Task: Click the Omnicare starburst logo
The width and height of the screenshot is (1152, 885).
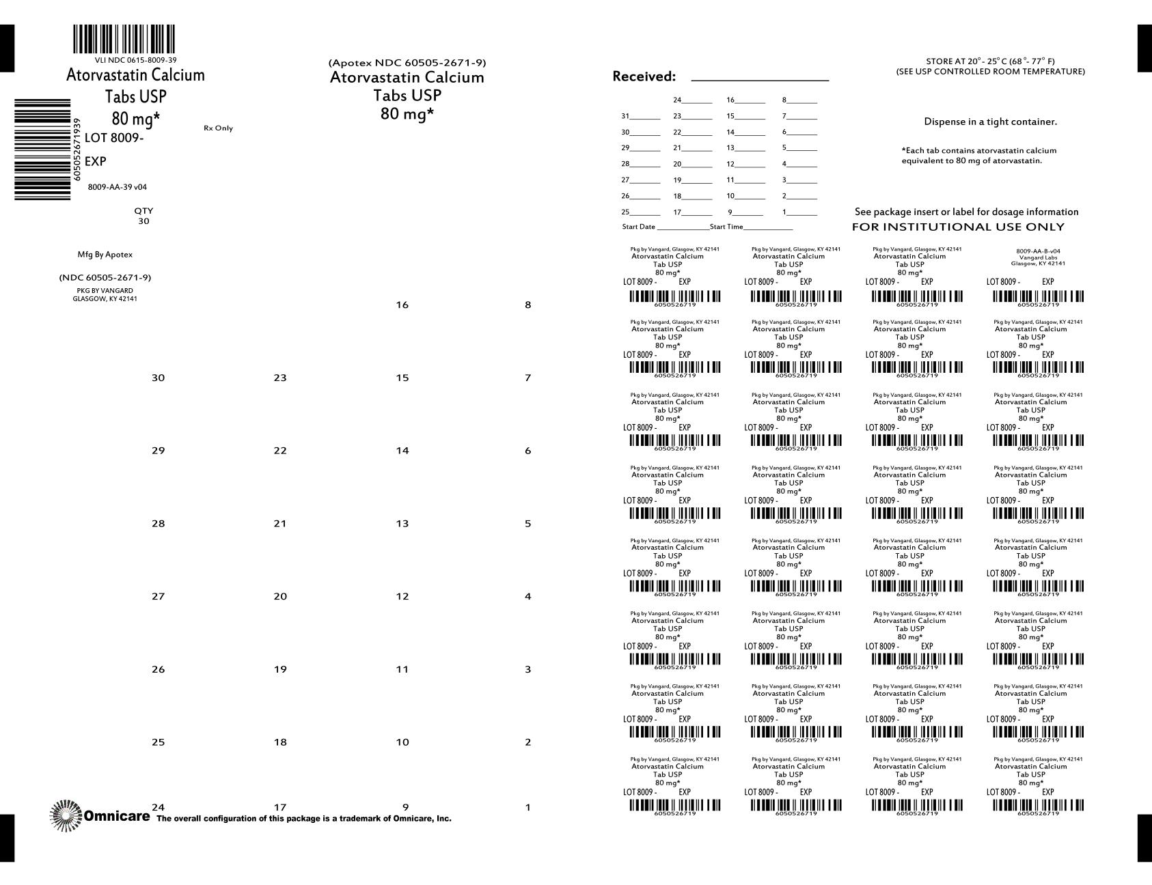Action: [x=66, y=815]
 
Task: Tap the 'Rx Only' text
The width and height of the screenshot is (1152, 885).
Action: [x=218, y=128]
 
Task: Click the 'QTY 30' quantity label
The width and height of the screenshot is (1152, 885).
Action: [x=143, y=216]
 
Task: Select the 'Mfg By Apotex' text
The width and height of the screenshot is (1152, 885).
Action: [x=105, y=255]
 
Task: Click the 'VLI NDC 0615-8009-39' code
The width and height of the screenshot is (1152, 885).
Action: [x=135, y=60]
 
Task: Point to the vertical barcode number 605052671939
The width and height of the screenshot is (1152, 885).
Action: [x=77, y=149]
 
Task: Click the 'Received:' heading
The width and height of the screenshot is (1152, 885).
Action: [x=644, y=76]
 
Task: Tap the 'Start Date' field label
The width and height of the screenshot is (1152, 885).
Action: [x=638, y=227]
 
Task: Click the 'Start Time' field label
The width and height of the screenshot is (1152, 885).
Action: [x=726, y=227]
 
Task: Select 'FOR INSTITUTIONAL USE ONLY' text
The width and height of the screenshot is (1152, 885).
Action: [x=958, y=227]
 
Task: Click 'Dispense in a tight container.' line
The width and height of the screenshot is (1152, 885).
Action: [x=990, y=122]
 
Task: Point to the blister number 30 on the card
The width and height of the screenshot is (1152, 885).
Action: [x=158, y=378]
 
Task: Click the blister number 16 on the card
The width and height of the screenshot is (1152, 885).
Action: [x=402, y=305]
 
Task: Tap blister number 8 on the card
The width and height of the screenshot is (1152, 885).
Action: [x=527, y=305]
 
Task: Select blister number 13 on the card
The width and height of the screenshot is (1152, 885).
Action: [x=402, y=524]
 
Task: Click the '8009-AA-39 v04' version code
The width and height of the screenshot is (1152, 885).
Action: [x=118, y=187]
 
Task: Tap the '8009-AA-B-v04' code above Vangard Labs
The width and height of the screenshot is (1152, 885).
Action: [x=1038, y=251]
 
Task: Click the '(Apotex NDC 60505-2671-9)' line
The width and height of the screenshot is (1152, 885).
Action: [x=407, y=63]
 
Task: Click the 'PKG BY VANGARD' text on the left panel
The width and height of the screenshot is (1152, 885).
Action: [x=105, y=291]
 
